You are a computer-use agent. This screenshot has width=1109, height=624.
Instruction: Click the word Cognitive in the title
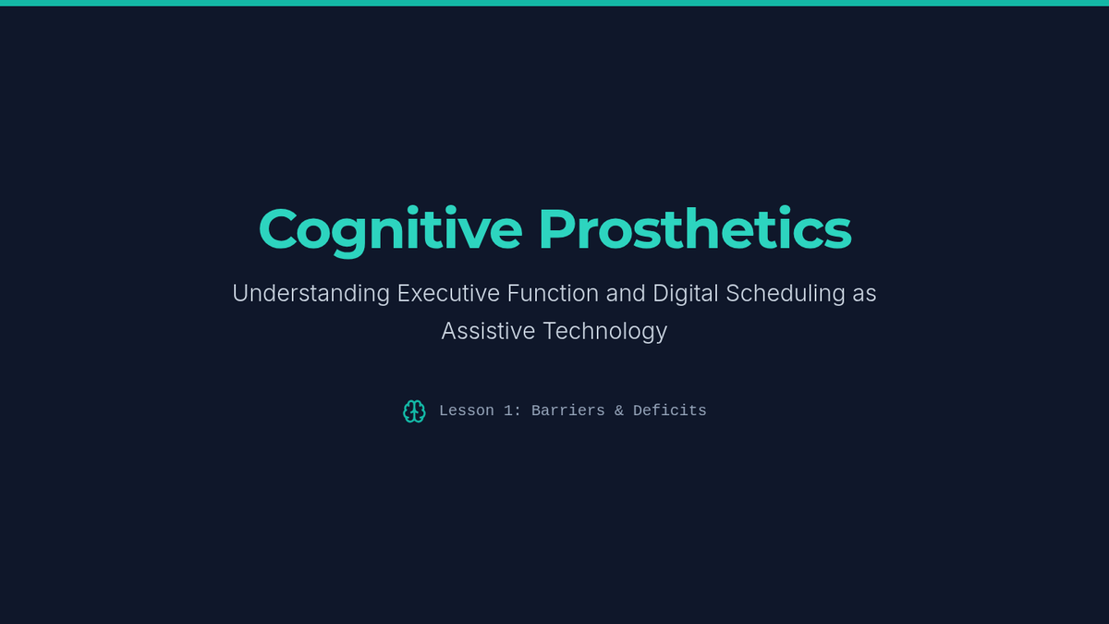click(391, 231)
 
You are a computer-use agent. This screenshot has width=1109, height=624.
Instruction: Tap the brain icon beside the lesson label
click(414, 411)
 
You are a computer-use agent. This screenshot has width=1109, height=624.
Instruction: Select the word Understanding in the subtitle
click(311, 294)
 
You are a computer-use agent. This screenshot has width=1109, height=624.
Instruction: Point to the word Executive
click(448, 293)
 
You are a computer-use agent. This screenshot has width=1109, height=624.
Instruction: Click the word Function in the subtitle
click(553, 293)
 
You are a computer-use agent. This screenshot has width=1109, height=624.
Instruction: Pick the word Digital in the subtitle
click(685, 294)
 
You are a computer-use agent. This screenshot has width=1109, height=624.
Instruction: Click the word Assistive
click(488, 331)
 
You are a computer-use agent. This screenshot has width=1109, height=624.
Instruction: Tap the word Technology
click(605, 332)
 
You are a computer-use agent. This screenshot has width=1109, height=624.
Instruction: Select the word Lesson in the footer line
click(467, 410)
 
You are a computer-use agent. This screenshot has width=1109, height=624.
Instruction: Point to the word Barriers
click(567, 410)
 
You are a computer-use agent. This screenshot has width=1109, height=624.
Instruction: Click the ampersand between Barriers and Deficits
click(619, 410)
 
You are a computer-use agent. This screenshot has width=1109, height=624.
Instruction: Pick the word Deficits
click(669, 410)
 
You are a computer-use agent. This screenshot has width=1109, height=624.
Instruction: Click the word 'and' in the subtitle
click(626, 293)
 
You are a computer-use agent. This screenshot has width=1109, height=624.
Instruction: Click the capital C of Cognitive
click(278, 228)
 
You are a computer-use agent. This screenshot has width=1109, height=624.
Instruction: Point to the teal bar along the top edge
click(554, 3)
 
